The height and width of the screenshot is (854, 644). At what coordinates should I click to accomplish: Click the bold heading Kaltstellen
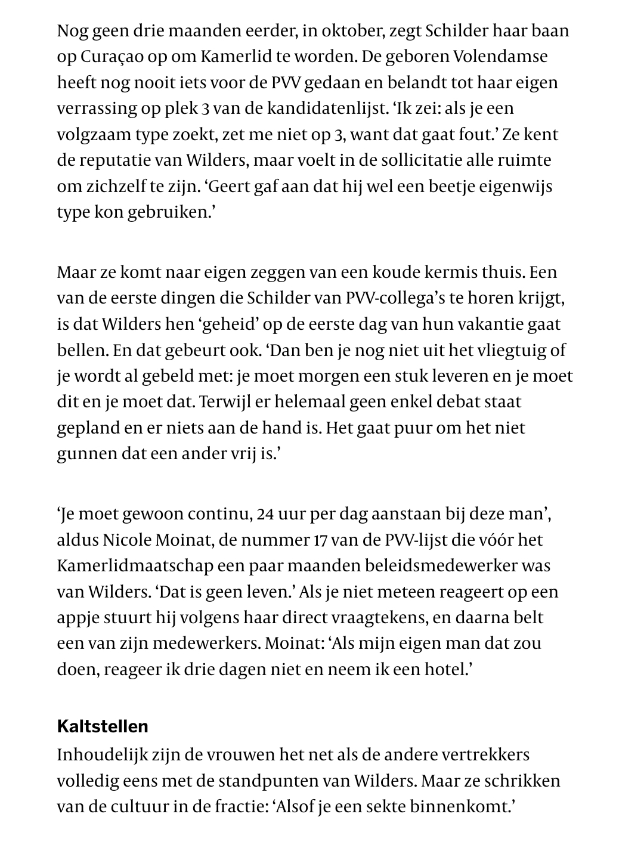click(103, 726)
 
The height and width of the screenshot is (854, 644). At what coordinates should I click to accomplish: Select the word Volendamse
click(501, 57)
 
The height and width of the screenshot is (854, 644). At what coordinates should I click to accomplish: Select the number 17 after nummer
click(319, 540)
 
